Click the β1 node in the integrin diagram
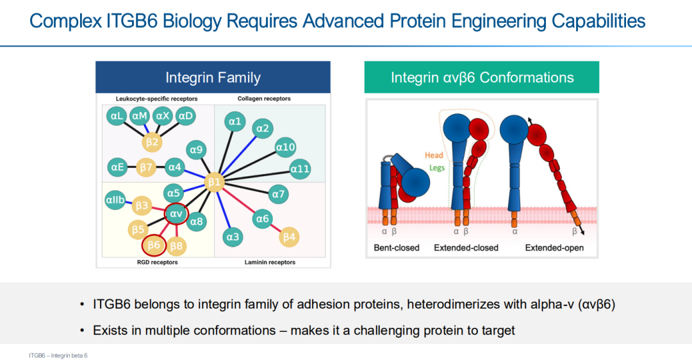pos(214,183)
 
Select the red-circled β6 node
pos(154,245)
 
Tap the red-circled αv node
pos(176,213)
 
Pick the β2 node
pos(152,142)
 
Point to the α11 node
pos(300,169)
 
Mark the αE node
pos(116,168)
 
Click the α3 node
pos(232,237)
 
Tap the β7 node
pos(147,168)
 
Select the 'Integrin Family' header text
pos(213,78)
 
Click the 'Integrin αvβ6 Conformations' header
pos(482,78)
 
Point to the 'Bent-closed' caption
pos(397,247)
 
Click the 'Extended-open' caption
pos(554,247)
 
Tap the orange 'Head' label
pos(434,155)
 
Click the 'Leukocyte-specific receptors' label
pos(156,99)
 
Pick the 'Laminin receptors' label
pos(270,262)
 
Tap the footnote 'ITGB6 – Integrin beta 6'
pos(58,354)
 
